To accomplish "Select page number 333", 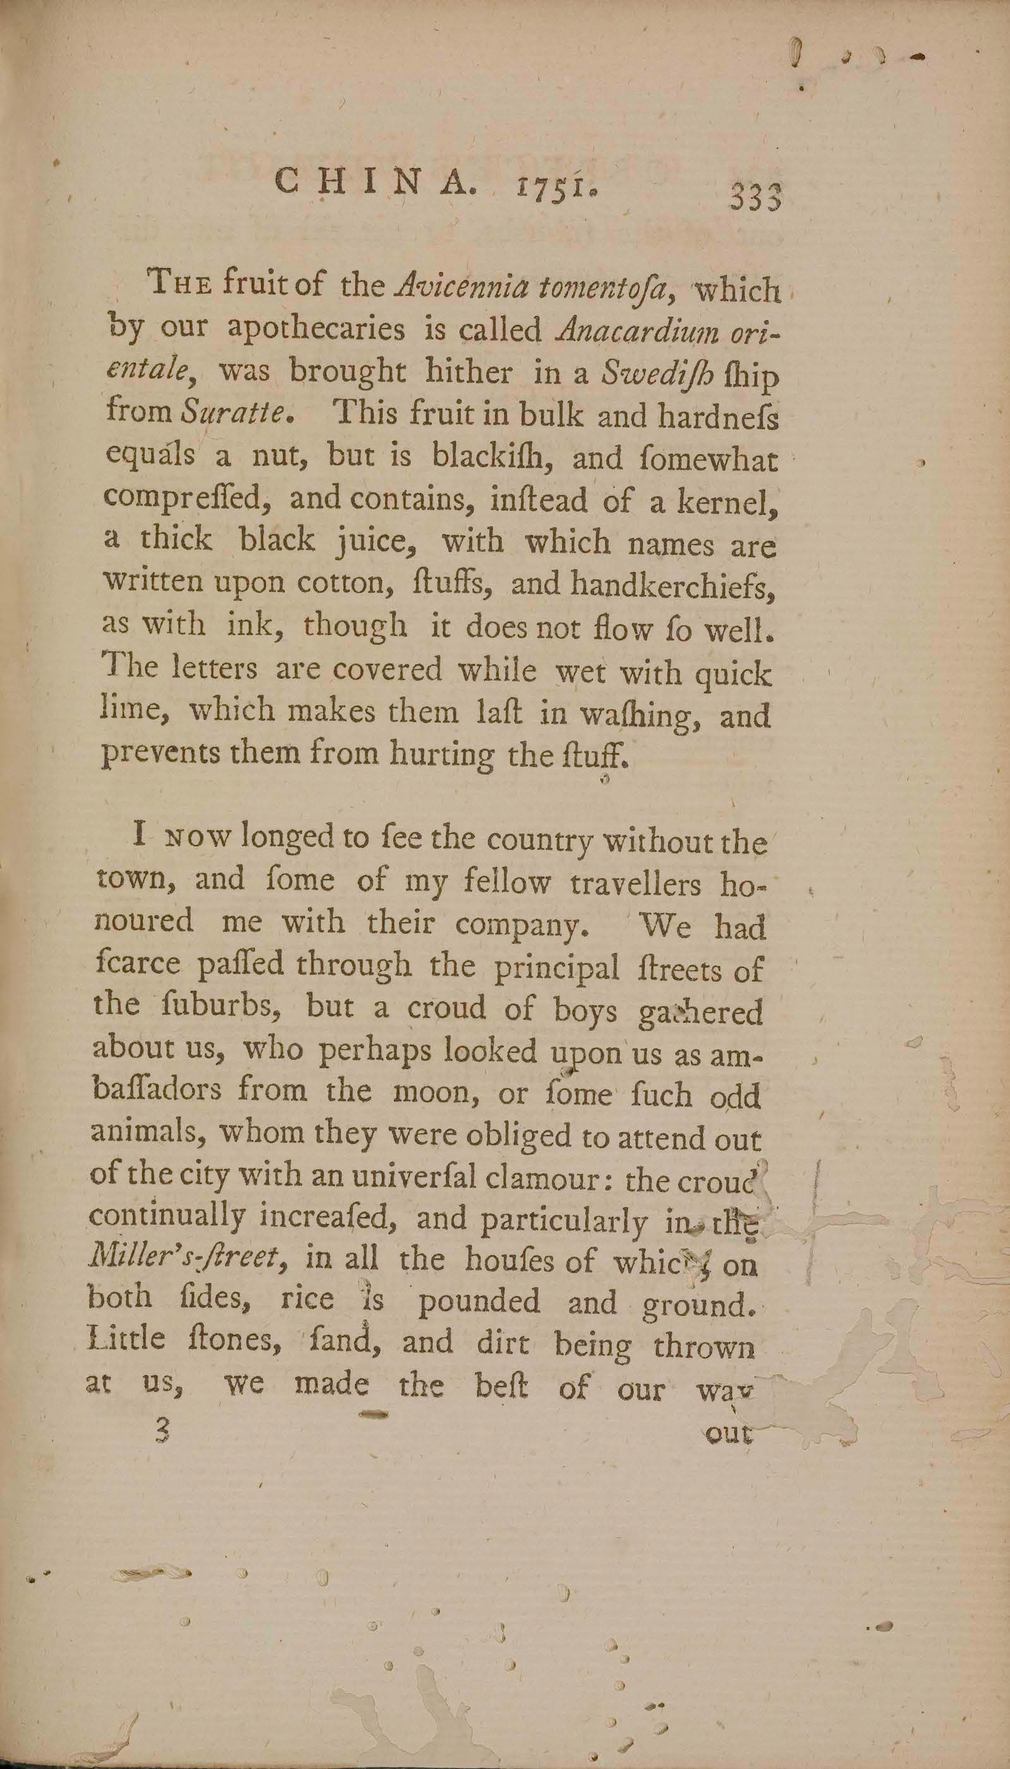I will (x=755, y=197).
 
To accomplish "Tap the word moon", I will (x=425, y=1091).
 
